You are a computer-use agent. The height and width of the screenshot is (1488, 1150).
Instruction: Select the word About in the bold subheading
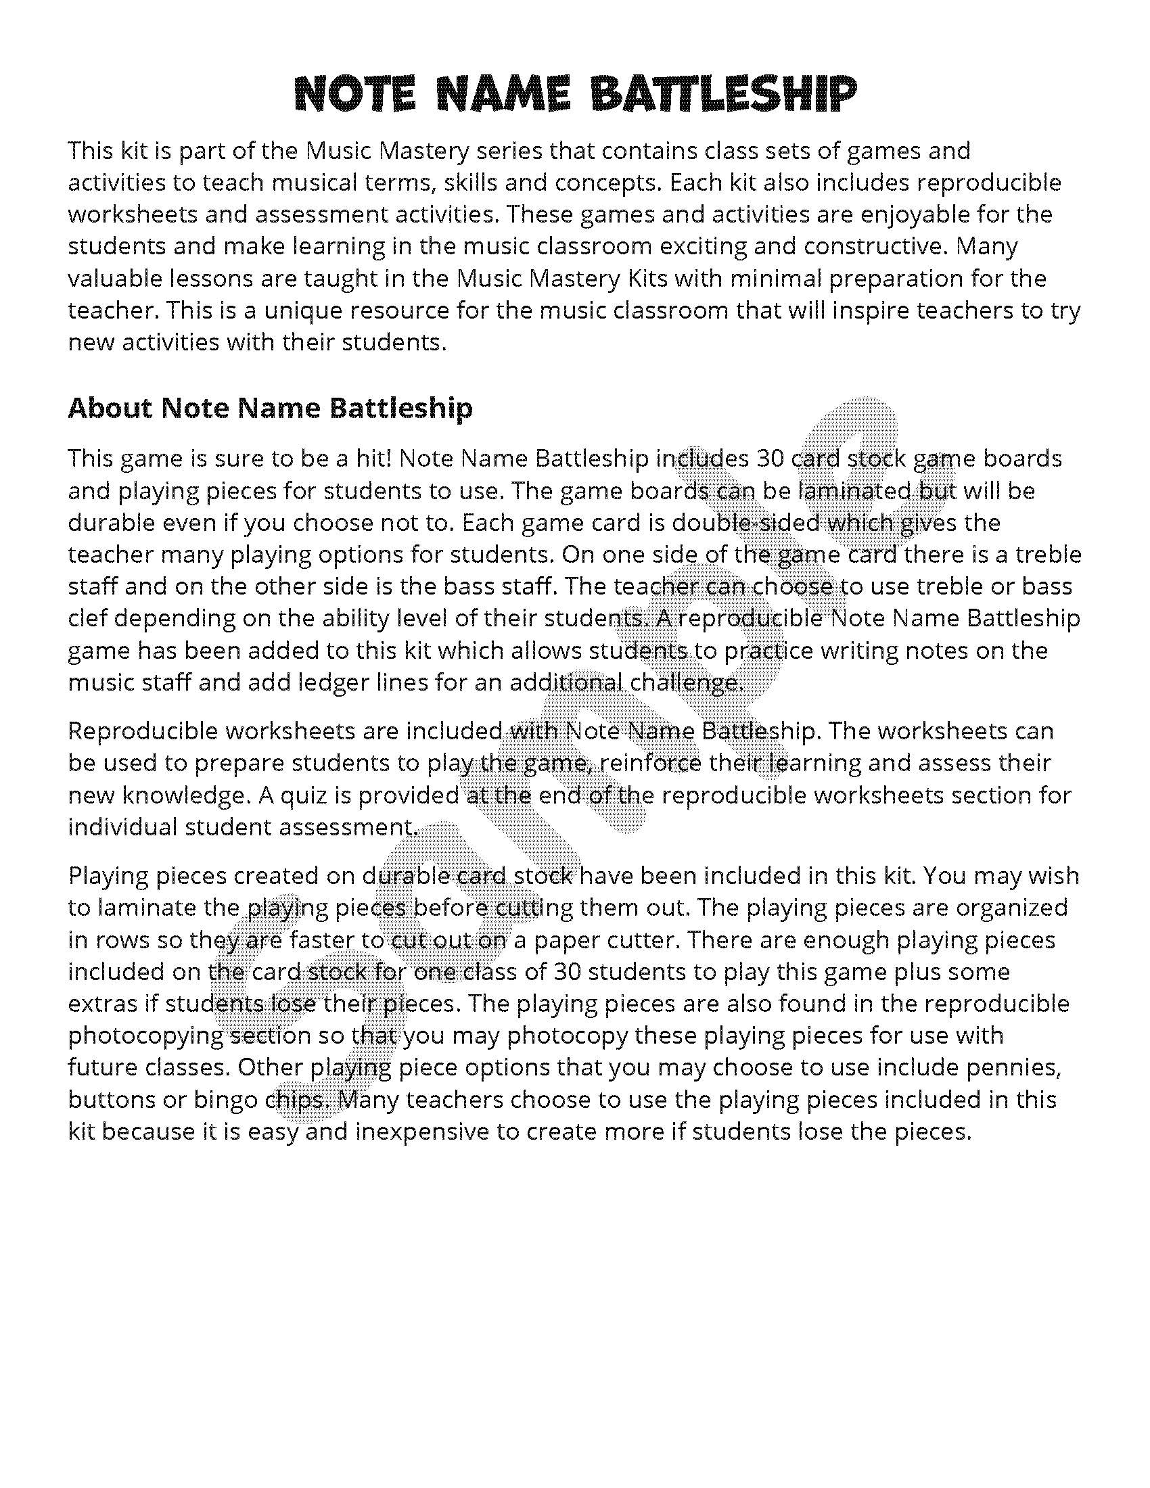pyautogui.click(x=110, y=408)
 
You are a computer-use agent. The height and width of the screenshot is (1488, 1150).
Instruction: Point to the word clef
pyautogui.click(x=89, y=619)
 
